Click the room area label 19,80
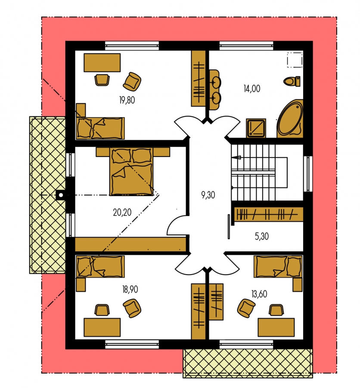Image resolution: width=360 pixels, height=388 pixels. pyautogui.click(x=127, y=100)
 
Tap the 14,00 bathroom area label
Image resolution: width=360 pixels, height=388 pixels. pyautogui.click(x=252, y=88)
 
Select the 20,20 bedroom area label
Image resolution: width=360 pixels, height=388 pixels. pyautogui.click(x=122, y=212)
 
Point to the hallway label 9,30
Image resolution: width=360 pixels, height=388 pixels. pyautogui.click(x=208, y=195)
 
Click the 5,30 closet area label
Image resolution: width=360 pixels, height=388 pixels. pyautogui.click(x=262, y=236)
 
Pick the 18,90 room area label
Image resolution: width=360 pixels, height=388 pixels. pyautogui.click(x=130, y=289)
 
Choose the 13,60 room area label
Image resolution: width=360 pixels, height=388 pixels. pyautogui.click(x=259, y=294)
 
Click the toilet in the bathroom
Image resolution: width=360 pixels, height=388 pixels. pyautogui.click(x=292, y=81)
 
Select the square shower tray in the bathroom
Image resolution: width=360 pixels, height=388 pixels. pyautogui.click(x=256, y=128)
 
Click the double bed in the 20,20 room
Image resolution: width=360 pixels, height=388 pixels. pyautogui.click(x=131, y=172)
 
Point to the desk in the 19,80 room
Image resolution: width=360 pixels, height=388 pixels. pyautogui.click(x=102, y=63)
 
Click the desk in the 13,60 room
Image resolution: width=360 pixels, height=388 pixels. pyautogui.click(x=276, y=327)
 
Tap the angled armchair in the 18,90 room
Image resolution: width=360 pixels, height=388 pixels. pyautogui.click(x=132, y=308)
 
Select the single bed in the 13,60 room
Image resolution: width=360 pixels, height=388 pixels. pyautogui.click(x=278, y=266)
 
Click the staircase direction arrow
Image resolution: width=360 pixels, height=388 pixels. pyautogui.click(x=236, y=157)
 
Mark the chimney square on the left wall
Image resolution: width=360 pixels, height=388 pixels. pyautogui.click(x=61, y=195)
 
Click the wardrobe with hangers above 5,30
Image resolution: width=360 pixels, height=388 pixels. pyautogui.click(x=269, y=214)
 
